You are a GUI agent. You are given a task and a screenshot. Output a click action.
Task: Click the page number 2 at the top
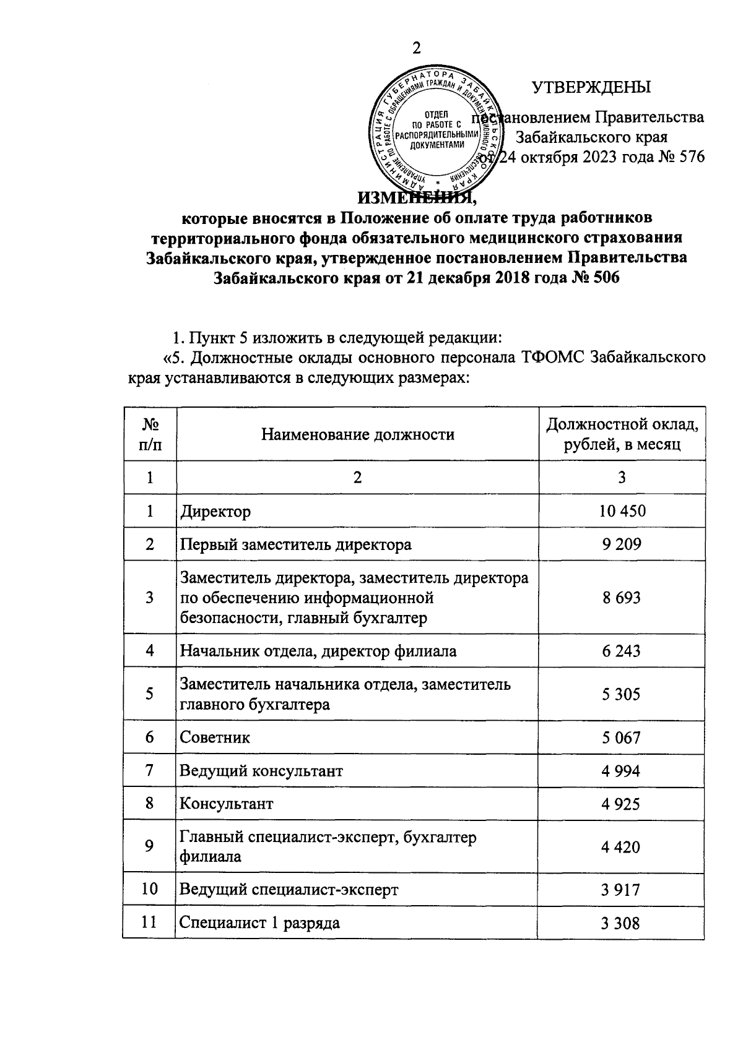tap(416, 49)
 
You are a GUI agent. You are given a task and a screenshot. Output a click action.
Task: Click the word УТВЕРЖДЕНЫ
tap(591, 87)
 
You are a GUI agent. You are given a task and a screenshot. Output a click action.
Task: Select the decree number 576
tap(692, 157)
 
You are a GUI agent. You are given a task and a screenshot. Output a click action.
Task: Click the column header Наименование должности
tap(357, 434)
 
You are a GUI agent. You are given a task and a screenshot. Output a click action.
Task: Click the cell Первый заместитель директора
tap(295, 544)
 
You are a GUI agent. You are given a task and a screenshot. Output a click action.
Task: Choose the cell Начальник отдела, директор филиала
tap(318, 651)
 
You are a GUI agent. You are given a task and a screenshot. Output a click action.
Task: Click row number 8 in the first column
tap(149, 804)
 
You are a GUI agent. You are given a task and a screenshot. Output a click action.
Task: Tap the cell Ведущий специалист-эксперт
tap(289, 890)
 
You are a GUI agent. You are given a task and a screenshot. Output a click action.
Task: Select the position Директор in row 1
tap(215, 512)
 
